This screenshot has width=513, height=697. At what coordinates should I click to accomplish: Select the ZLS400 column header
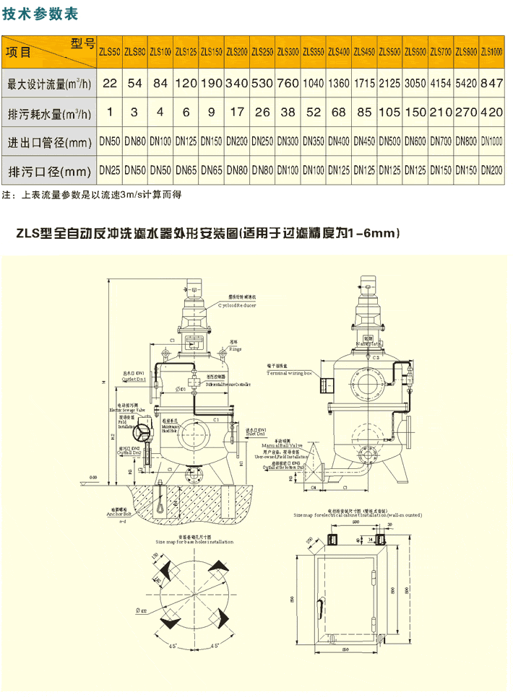click(x=338, y=51)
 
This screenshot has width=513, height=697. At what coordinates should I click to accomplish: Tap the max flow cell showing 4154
click(x=441, y=83)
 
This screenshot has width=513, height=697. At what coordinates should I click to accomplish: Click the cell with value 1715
click(x=364, y=83)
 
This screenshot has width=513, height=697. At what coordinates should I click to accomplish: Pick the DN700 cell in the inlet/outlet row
click(x=441, y=141)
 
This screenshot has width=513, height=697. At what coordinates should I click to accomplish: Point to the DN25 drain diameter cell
click(x=110, y=172)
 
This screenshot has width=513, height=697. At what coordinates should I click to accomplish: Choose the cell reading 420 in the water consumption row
click(x=491, y=113)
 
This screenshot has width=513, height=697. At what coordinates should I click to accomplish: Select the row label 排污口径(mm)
click(x=49, y=172)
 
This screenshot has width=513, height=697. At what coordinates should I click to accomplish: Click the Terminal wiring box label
click(x=290, y=374)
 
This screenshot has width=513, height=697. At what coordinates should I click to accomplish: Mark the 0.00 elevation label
click(x=92, y=477)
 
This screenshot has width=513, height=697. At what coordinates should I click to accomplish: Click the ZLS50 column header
click(x=110, y=51)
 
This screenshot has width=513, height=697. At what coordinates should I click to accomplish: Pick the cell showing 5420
click(x=466, y=83)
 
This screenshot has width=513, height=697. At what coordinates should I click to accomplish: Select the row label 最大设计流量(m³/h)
click(x=49, y=84)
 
